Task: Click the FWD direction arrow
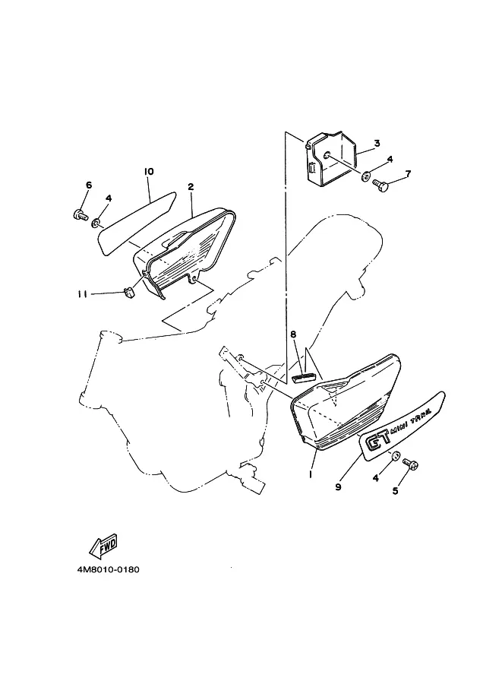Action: tap(103, 545)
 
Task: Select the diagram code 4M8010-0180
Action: tap(108, 569)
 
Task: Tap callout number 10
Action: tap(149, 171)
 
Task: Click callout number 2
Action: tap(191, 187)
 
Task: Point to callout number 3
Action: tap(377, 143)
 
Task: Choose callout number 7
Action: tap(407, 173)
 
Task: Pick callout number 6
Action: tap(89, 185)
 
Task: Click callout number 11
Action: tap(82, 294)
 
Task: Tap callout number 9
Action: tap(339, 486)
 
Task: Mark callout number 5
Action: tap(395, 491)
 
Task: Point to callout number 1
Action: tap(311, 474)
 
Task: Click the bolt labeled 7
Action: tap(380, 184)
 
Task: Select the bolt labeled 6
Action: tap(80, 214)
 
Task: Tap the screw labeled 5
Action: tap(411, 464)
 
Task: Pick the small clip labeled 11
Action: tap(128, 293)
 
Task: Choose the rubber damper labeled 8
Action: tap(305, 377)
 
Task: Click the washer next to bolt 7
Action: tap(366, 176)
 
